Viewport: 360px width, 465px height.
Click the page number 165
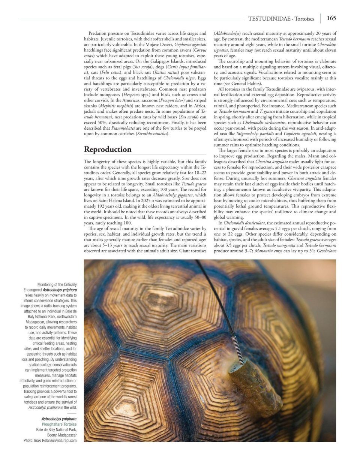(x=331, y=18)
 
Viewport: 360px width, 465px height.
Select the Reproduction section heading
(x=108, y=149)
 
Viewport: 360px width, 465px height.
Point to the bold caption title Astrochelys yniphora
(x=59, y=419)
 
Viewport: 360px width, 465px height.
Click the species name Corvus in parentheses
(x=199, y=49)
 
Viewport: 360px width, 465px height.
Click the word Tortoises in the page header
(x=304, y=18)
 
